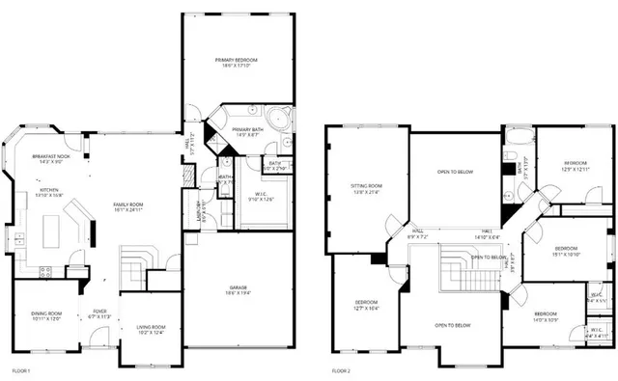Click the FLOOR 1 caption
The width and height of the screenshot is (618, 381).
20,370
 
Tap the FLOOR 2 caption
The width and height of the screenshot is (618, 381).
342,370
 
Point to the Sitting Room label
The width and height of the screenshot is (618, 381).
365,188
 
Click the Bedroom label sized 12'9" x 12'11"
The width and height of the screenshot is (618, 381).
576,166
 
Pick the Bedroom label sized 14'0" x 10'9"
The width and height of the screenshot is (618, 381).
546,316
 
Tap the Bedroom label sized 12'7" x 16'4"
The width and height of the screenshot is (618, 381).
365,305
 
